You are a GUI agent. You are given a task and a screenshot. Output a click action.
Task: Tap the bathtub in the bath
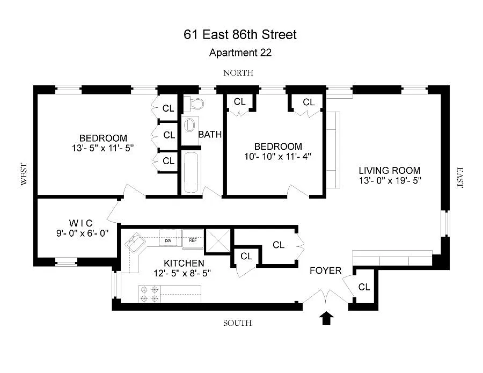click(x=192, y=172)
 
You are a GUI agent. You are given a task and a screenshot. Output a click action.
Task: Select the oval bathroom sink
click(x=189, y=126)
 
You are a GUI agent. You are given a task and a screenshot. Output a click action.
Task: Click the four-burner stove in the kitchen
click(x=149, y=294)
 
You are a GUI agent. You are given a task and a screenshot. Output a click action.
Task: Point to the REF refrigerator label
click(x=193, y=240)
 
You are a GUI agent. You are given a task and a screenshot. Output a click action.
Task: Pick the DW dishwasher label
click(x=168, y=240)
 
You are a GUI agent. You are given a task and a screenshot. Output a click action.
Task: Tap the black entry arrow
click(x=326, y=318)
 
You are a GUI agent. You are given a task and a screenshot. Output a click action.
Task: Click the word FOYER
click(x=326, y=270)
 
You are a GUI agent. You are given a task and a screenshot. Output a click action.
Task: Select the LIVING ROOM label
click(x=390, y=170)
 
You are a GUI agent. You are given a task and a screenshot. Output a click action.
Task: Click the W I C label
click(x=80, y=223)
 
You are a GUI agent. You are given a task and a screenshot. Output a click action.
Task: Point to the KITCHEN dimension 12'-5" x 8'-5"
click(x=182, y=273)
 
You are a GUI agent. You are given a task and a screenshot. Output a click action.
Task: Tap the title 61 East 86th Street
click(x=240, y=34)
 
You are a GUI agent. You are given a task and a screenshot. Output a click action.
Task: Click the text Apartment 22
click(x=240, y=53)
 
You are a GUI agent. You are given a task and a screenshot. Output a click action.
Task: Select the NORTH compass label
click(x=238, y=73)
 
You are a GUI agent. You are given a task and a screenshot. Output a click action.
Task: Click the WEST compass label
click(x=24, y=174)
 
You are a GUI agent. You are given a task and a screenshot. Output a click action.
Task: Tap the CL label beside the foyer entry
click(x=364, y=287)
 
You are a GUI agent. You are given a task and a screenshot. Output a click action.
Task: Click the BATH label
click(x=210, y=135)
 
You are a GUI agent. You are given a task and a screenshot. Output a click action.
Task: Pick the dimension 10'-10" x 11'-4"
click(x=277, y=157)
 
